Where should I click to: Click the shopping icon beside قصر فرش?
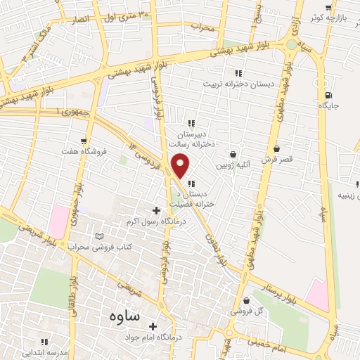pyautogui.click(x=277, y=149)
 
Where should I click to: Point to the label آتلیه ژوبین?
pyautogui.click(x=232, y=165)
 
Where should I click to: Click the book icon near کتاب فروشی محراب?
pyautogui.click(x=99, y=236)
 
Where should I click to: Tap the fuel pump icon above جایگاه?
pyautogui.click(x=328, y=96)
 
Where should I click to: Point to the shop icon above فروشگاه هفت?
pyautogui.click(x=84, y=141)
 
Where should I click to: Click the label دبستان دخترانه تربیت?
pyautogui.click(x=238, y=84)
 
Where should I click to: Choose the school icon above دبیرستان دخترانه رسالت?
pyautogui.click(x=191, y=122)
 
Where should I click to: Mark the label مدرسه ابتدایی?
pyautogui.click(x=44, y=353)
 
